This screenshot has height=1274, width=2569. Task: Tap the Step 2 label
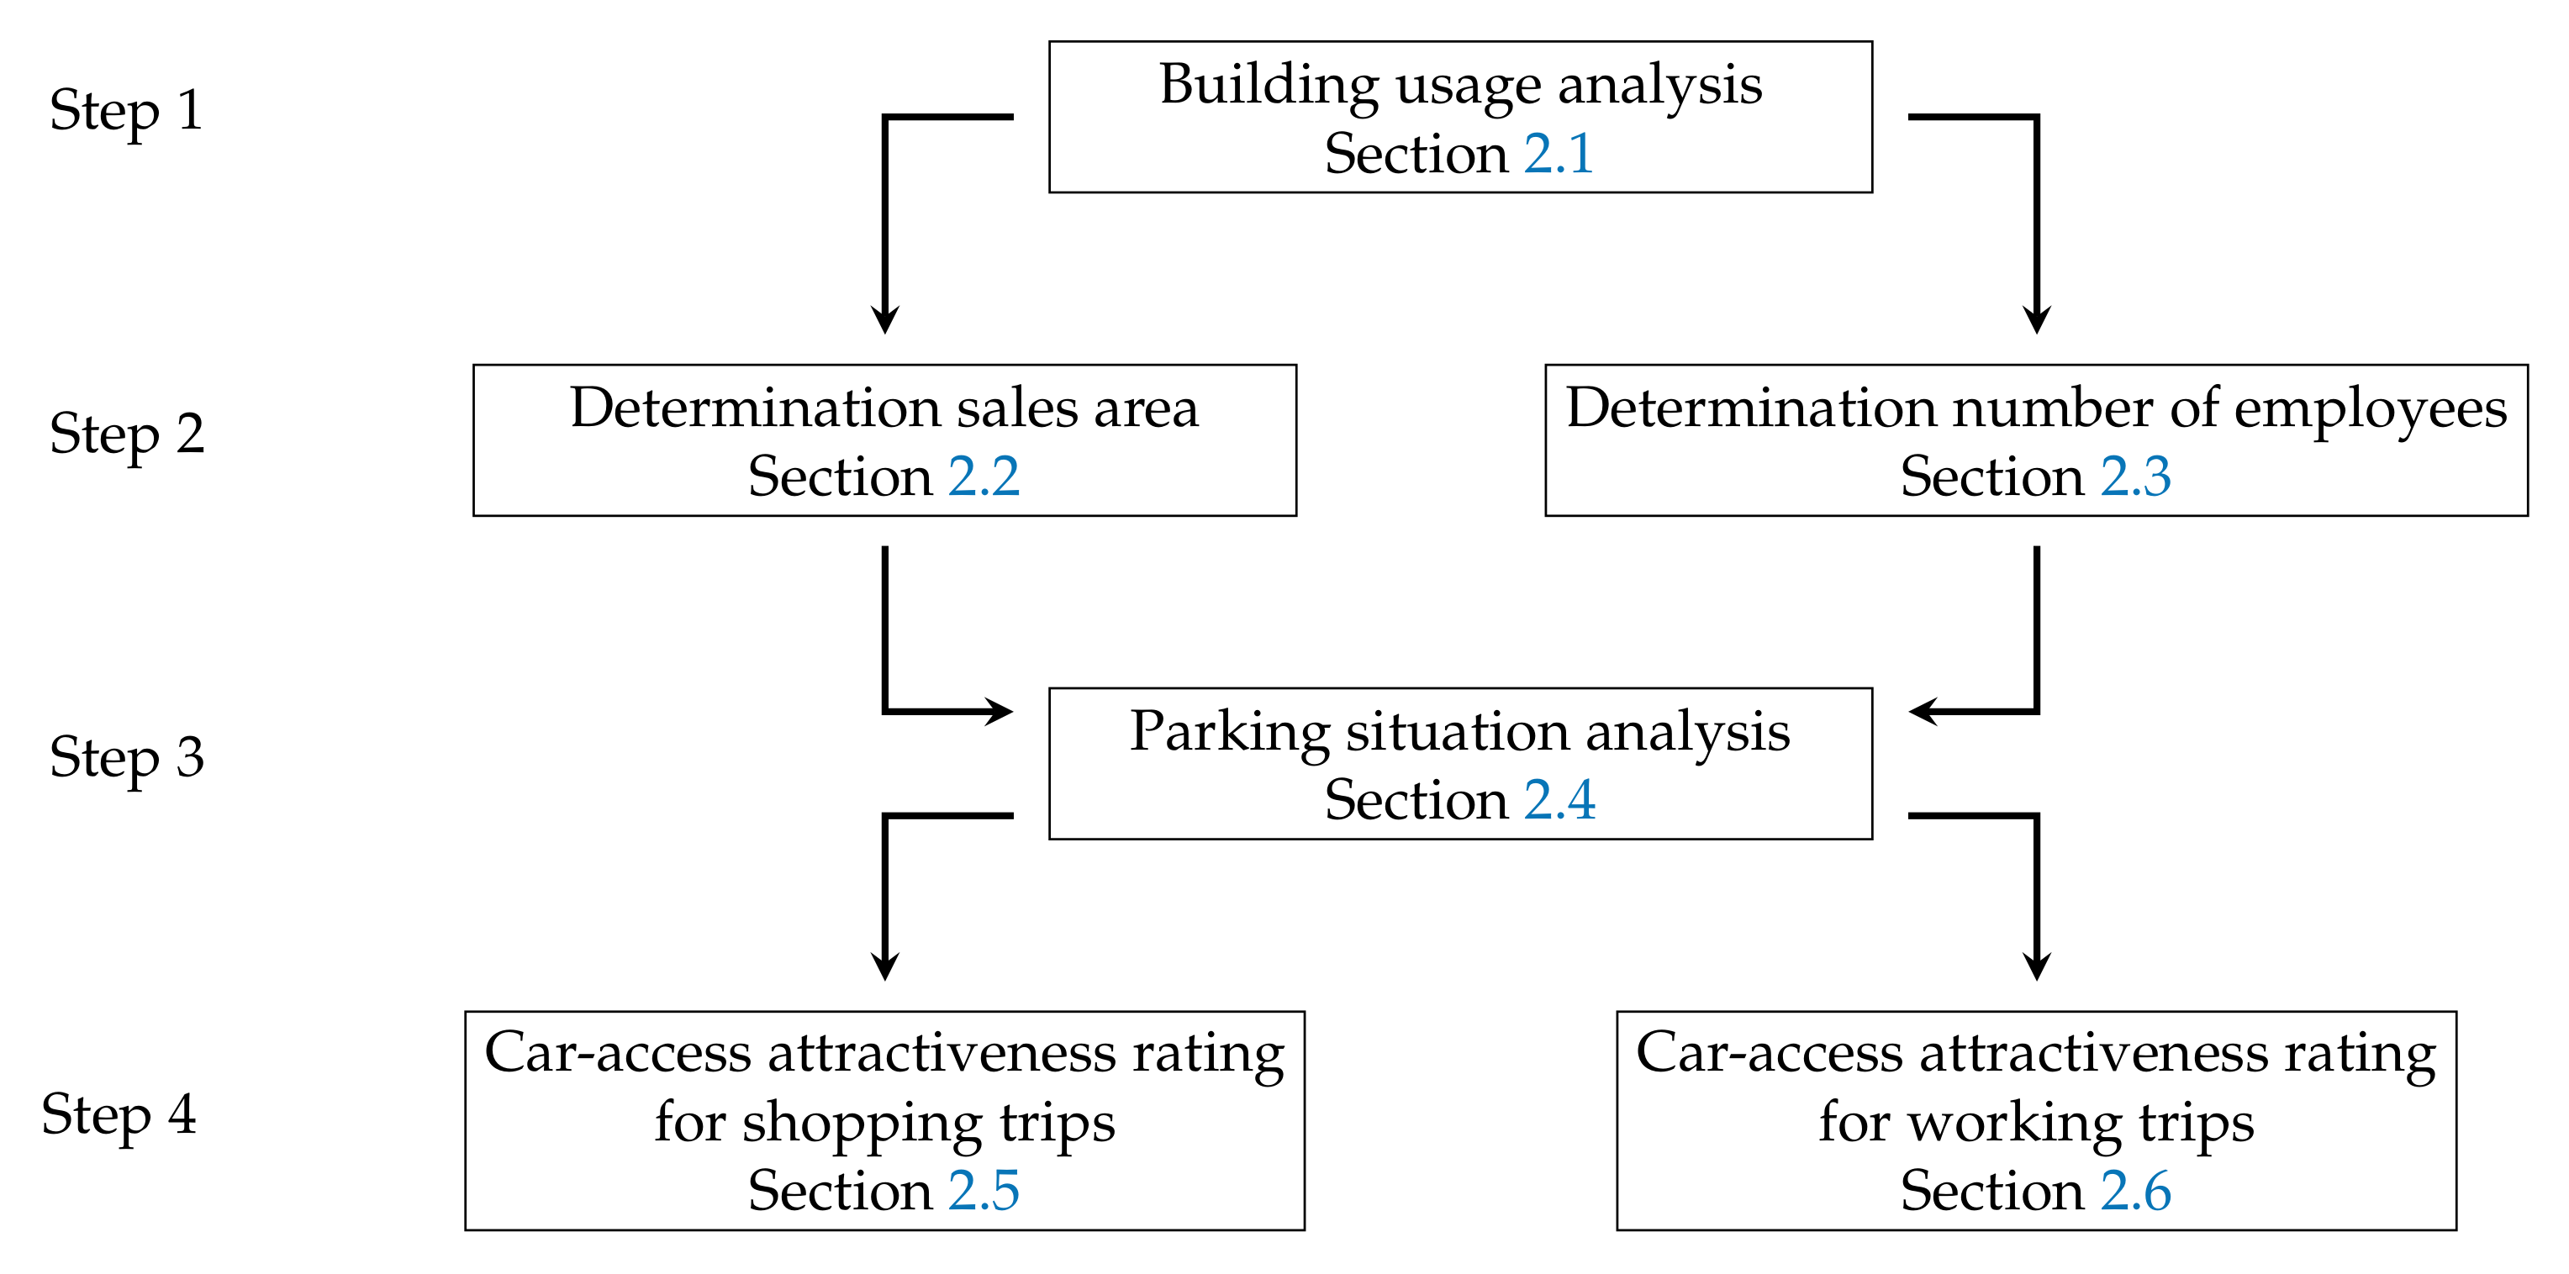pos(127,434)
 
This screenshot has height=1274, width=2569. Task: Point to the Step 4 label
pos(119,1114)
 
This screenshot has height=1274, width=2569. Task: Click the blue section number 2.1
pos(1558,154)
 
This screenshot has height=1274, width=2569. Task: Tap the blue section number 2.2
pos(984,476)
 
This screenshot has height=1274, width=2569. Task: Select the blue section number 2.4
pos(1559,801)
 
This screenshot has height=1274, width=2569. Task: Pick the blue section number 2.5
pos(984,1192)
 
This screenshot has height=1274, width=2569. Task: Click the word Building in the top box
pos(1268,85)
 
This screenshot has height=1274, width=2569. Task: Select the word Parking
pos(1229,733)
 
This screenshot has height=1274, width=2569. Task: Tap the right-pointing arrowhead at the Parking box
pos(1000,712)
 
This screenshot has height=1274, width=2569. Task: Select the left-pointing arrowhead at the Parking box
pos(1922,712)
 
